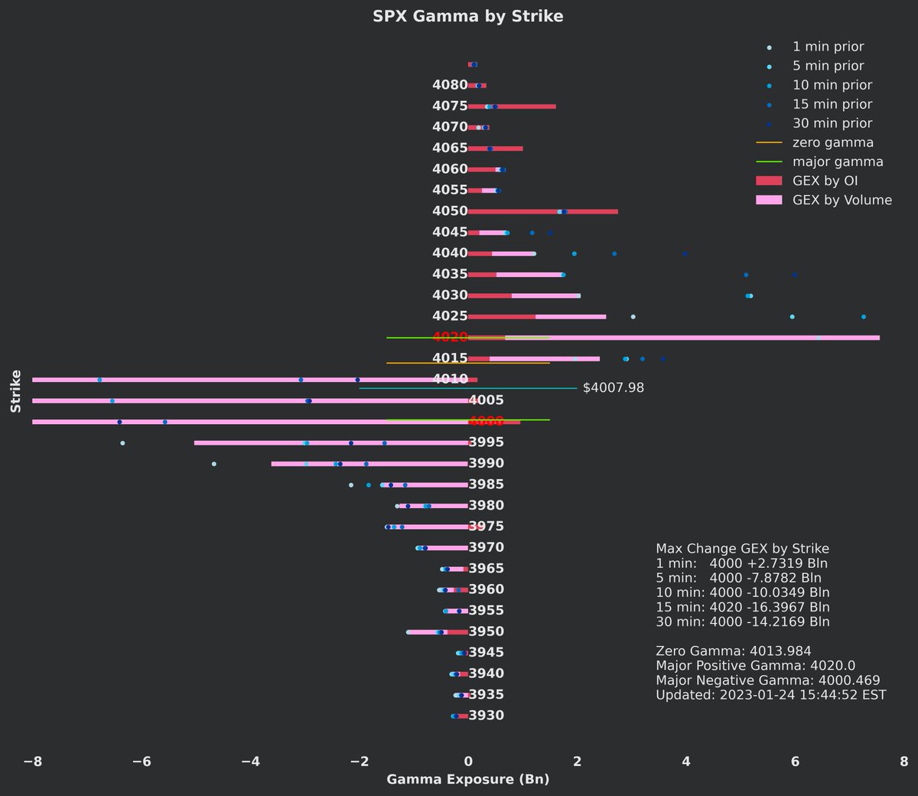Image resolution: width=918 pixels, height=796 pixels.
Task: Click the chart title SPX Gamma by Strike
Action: click(x=467, y=16)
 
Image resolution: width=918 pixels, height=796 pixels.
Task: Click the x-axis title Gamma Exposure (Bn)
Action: click(x=467, y=779)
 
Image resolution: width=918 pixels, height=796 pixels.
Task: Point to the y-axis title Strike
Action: click(x=16, y=391)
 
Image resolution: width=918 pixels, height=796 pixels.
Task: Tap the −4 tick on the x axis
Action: click(x=250, y=762)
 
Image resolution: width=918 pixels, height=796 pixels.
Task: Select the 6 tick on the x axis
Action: click(x=795, y=762)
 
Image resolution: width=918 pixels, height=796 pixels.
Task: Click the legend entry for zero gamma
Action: click(x=832, y=142)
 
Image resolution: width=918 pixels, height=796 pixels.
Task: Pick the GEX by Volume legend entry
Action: click(x=841, y=200)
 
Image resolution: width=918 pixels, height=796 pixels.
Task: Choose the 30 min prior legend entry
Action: click(x=832, y=123)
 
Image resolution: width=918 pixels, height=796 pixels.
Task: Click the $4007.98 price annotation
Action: click(x=613, y=388)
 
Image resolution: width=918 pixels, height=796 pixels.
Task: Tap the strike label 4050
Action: click(x=450, y=211)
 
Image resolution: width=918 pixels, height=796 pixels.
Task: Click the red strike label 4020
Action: click(x=450, y=338)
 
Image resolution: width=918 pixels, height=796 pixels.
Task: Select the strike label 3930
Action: click(x=487, y=716)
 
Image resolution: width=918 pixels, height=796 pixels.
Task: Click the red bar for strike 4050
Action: click(x=543, y=211)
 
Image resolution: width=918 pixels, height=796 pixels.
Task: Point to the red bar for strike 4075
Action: click(x=513, y=106)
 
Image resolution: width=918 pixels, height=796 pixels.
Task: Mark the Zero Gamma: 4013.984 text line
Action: click(x=733, y=651)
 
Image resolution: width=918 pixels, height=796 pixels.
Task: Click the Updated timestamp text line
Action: click(x=770, y=695)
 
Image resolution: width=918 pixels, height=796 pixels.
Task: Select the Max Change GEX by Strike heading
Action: click(x=742, y=549)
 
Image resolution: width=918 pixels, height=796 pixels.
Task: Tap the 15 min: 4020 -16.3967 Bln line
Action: click(x=742, y=607)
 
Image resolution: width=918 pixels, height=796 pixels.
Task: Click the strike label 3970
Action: click(x=487, y=547)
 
